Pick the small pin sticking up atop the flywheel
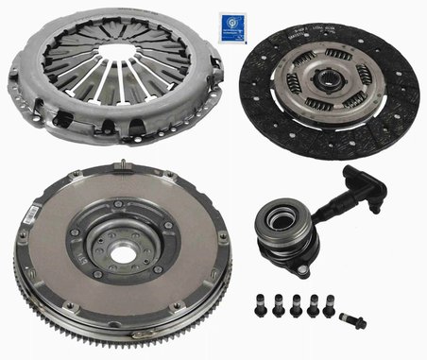[124, 169]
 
